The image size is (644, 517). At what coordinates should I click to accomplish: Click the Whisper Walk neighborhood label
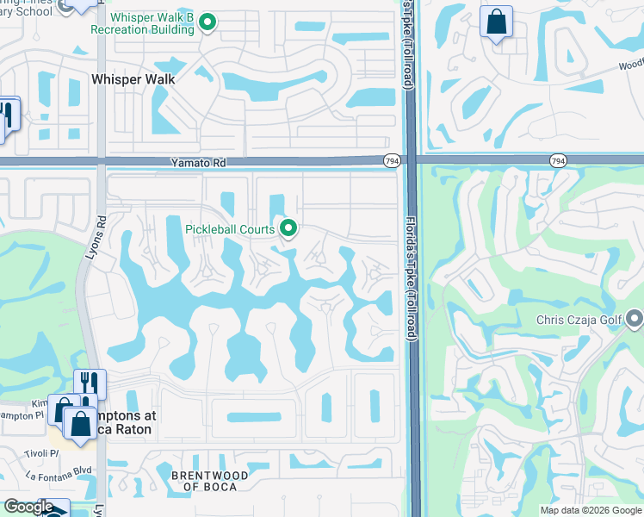[133, 79]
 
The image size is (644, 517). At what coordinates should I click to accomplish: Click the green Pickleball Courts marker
[288, 228]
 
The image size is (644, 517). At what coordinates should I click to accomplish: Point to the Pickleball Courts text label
[229, 229]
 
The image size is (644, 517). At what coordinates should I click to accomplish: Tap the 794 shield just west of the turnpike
[391, 160]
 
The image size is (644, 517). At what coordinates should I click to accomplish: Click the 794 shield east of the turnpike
[558, 160]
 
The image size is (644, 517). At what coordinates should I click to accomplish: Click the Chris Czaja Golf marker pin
[635, 321]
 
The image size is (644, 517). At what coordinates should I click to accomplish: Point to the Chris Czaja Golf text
[579, 321]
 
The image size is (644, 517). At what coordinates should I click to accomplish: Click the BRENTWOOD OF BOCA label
[209, 482]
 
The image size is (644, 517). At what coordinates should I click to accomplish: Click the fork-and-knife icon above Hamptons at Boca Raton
[90, 383]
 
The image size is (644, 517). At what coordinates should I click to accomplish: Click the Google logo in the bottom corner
[28, 507]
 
